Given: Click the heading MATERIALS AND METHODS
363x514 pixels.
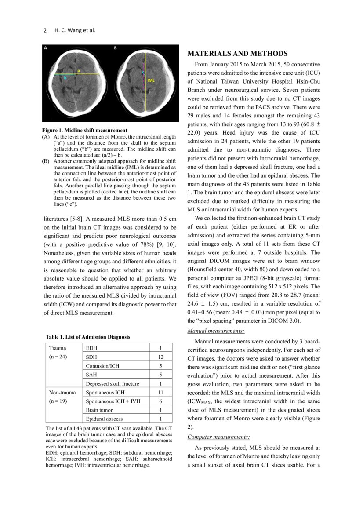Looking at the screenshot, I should click(237, 54).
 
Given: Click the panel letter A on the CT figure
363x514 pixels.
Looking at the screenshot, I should click(45, 48).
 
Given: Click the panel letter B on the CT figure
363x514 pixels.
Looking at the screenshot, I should click(116, 48).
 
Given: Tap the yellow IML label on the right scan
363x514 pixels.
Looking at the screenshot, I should click(151, 80).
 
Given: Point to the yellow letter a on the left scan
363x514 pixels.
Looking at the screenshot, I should click(78, 70).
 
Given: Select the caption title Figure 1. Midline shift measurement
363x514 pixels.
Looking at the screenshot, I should click(84, 130).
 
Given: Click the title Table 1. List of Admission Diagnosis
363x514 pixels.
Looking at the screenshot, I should click(88, 337).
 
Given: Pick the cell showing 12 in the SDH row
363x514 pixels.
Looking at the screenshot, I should click(160, 357).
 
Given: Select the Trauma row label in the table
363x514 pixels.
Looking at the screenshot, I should click(58, 348).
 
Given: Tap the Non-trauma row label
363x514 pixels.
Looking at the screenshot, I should click(62, 392).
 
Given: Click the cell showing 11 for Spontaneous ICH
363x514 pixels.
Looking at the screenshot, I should click(160, 392).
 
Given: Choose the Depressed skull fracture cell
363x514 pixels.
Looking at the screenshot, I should click(113, 383).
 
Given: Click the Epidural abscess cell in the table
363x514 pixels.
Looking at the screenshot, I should click(105, 419).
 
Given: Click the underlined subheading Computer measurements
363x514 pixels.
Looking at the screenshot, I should click(218, 437).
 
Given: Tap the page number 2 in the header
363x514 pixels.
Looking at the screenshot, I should click(45, 30).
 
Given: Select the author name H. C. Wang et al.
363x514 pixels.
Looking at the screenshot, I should click(75, 30).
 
